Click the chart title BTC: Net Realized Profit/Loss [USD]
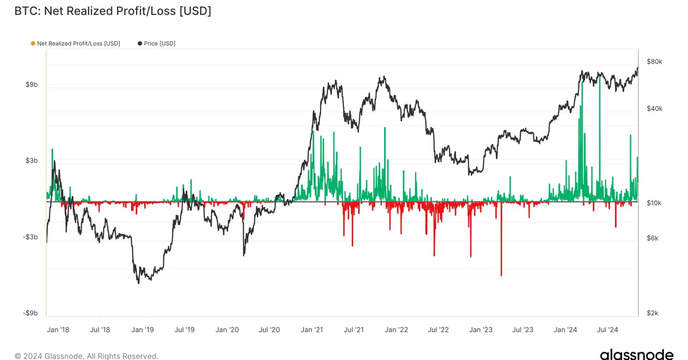click(112, 11)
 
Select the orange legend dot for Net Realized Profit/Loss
click(33, 44)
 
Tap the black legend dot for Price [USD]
click(140, 44)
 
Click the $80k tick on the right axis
click(655, 61)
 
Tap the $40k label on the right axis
click(655, 109)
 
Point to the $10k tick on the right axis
click(655, 204)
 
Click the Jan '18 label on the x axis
click(58, 330)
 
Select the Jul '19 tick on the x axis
click(184, 330)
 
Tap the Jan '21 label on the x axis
click(311, 330)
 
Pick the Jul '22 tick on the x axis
click(438, 330)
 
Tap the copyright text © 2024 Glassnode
click(86, 356)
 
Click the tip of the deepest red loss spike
click(501, 276)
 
